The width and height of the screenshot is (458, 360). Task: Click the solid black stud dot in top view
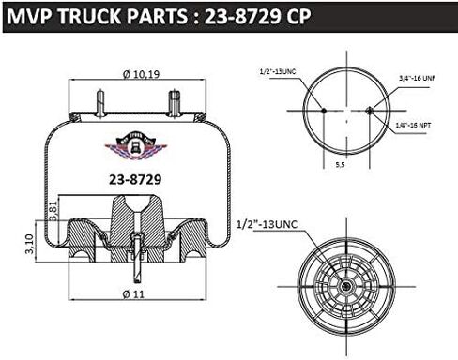322,110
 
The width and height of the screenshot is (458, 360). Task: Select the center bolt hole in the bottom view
345,285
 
